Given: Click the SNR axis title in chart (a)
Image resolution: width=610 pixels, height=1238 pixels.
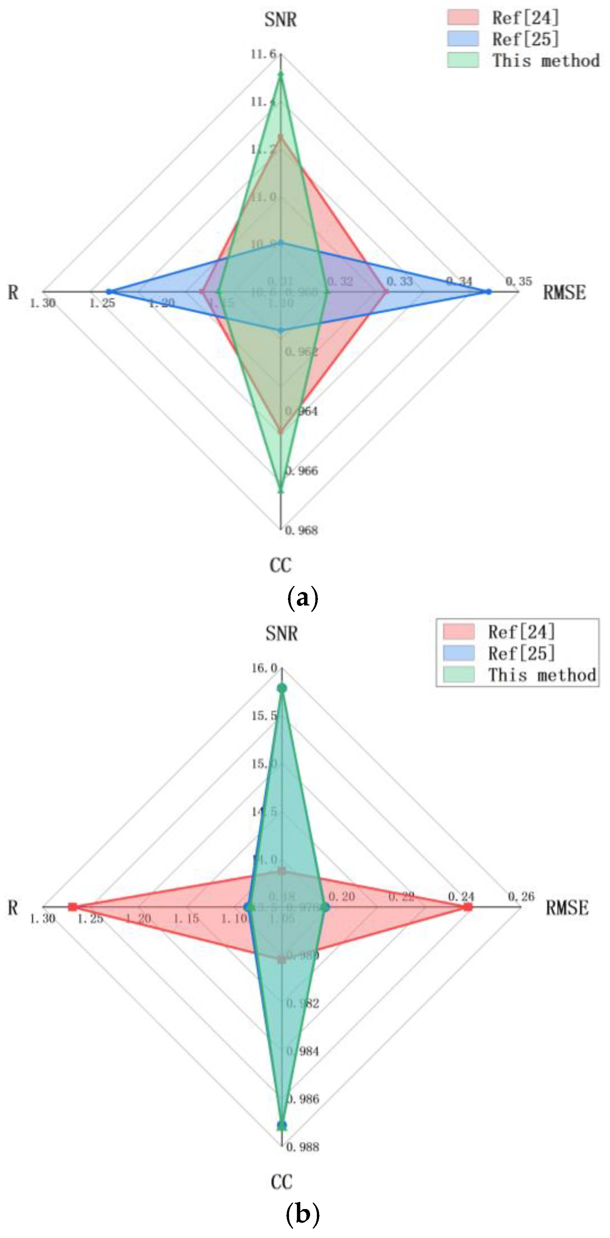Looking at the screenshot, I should [280, 20].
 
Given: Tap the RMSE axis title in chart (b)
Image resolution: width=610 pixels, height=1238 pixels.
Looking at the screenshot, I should [567, 908].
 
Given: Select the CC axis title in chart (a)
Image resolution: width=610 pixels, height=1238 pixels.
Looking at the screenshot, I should [280, 565].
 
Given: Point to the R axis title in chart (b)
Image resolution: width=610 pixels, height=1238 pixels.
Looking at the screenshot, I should [13, 908].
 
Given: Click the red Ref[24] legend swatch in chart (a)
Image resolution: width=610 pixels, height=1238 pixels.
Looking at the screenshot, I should [462, 17].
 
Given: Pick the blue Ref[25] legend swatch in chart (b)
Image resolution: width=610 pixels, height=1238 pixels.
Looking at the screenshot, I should [459, 653].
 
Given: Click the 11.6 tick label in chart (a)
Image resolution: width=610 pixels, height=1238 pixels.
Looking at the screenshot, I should [263, 54].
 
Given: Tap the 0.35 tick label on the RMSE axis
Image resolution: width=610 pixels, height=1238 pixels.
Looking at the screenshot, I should [518, 281].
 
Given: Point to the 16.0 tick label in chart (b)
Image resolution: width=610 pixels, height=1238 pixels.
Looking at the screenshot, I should [264, 668].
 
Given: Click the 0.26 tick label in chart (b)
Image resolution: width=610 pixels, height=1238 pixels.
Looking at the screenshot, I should [521, 897].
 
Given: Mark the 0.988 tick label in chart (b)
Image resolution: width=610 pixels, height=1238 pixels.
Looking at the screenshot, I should [302, 1147].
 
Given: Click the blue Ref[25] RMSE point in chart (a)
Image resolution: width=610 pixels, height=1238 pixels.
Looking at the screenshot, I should [488, 292].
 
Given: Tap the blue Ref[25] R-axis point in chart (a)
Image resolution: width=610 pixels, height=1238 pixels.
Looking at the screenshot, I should [109, 292].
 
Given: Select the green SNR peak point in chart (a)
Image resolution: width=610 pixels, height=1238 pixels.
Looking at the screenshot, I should [281, 74].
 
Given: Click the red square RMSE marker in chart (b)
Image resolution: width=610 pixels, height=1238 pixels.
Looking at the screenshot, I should [467, 907].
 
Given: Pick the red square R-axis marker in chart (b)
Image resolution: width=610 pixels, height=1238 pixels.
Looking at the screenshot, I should [73, 907].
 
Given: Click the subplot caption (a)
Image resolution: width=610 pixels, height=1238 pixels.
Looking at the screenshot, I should [302, 598].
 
